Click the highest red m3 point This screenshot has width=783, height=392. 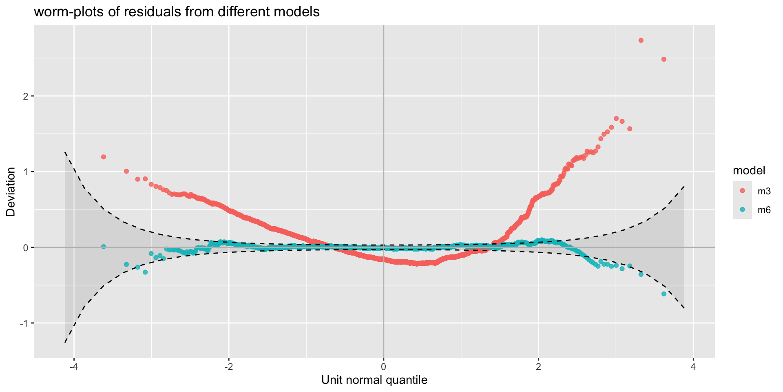click(641, 40)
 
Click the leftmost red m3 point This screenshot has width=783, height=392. click(104, 157)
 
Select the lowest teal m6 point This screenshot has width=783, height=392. click(664, 294)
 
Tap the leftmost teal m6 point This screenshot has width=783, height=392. click(104, 247)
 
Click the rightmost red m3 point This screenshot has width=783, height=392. click(664, 59)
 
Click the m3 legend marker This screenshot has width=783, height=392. click(742, 191)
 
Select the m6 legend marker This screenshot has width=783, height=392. click(742, 209)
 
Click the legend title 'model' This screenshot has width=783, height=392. click(749, 170)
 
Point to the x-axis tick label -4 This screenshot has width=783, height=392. click(74, 366)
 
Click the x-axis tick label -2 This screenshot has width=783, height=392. click(229, 366)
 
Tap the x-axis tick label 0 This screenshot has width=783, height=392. click(383, 366)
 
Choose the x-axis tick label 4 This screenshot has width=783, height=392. click(693, 366)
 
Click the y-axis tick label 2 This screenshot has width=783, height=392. click(25, 96)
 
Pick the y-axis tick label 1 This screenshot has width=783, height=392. click(25, 172)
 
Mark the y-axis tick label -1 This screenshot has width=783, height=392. click(23, 323)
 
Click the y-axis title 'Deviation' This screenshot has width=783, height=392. click(11, 192)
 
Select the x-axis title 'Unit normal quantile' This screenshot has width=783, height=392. click(374, 380)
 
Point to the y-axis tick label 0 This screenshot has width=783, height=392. click(25, 247)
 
